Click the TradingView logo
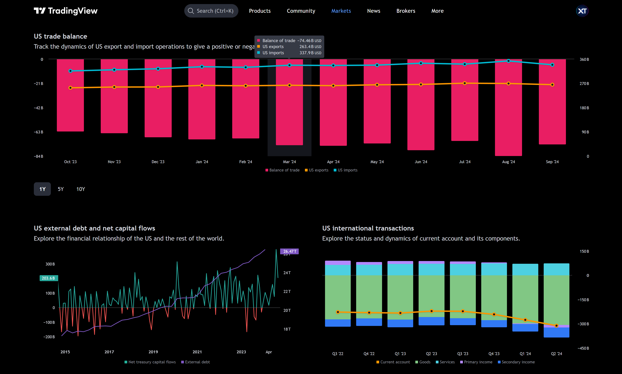click(66, 11)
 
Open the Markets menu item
click(341, 11)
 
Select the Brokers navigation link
click(405, 11)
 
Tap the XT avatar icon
click(582, 11)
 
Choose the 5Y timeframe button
click(61, 189)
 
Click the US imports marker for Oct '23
click(70, 71)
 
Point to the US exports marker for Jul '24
click(465, 83)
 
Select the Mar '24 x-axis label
click(289, 162)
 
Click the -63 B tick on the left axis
click(39, 132)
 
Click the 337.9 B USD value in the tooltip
click(310, 53)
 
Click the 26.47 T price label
click(289, 251)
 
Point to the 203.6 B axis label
click(49, 278)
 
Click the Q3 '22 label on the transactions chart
click(338, 354)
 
